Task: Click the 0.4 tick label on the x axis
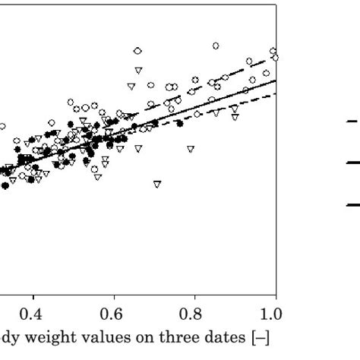coord(31,314)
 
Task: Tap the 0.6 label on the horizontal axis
coord(112,314)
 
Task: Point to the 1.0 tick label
coord(272,314)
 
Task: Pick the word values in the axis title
coord(94,336)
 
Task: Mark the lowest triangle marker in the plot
coord(157,184)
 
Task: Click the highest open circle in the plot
coord(216,46)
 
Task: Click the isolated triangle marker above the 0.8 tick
coord(191,149)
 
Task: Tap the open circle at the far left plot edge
coord(2,127)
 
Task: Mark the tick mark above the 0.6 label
coord(112,298)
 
